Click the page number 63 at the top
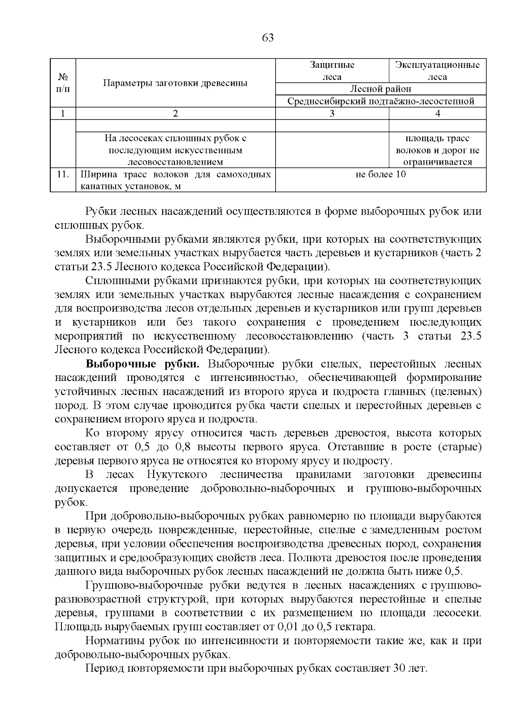tap(268, 38)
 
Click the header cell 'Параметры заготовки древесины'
tap(175, 83)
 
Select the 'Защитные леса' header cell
tap(332, 71)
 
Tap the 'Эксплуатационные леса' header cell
tap(437, 71)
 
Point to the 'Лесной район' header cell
tap(381, 89)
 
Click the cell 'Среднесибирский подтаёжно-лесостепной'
tap(381, 101)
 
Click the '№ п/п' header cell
tap(63, 83)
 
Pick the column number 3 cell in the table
tap(332, 113)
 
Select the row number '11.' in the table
tap(63, 174)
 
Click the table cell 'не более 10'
tap(381, 174)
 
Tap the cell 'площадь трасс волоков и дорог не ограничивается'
tap(437, 150)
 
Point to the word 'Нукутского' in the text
tap(177, 475)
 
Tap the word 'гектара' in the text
tap(355, 627)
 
